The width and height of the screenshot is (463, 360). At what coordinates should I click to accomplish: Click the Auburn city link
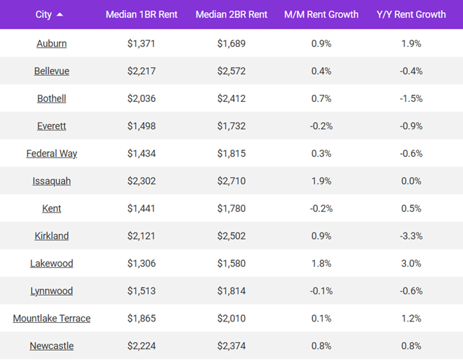coord(51,43)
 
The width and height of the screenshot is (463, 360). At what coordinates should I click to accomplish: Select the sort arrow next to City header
coord(60,14)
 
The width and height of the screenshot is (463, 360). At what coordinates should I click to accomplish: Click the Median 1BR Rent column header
coord(142,14)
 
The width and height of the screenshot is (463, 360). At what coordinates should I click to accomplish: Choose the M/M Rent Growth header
coord(321,14)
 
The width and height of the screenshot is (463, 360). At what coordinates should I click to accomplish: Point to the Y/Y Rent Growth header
coord(411,14)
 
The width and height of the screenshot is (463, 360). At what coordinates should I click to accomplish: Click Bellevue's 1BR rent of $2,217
coord(142,71)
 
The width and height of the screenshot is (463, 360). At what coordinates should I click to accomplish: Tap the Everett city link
coord(51,126)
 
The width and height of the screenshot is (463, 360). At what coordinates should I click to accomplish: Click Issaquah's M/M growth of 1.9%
coord(321,181)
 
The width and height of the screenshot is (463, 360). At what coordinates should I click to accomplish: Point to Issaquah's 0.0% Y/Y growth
coord(411,181)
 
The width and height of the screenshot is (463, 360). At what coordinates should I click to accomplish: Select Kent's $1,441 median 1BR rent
coord(142,209)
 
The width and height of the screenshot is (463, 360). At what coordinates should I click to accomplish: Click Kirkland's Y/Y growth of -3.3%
coord(411,236)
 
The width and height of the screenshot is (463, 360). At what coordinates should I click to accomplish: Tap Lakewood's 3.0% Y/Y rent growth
coord(411,264)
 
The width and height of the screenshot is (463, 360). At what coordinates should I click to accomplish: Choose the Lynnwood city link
coord(51,291)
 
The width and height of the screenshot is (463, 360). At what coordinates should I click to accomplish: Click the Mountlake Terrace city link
coord(51,319)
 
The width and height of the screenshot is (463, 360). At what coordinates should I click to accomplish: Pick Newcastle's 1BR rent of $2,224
coord(142,346)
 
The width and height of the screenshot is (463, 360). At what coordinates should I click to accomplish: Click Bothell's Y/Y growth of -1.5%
coord(411,98)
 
